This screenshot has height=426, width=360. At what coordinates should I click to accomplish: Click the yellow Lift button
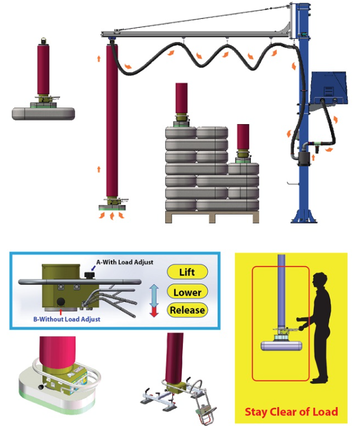pyautogui.click(x=188, y=272)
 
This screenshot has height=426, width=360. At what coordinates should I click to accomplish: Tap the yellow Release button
pyautogui.click(x=187, y=310)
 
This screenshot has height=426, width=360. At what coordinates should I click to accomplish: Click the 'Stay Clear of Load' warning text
pyautogui.click(x=291, y=412)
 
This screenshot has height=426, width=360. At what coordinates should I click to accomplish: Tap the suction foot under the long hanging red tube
pyautogui.click(x=113, y=205)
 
